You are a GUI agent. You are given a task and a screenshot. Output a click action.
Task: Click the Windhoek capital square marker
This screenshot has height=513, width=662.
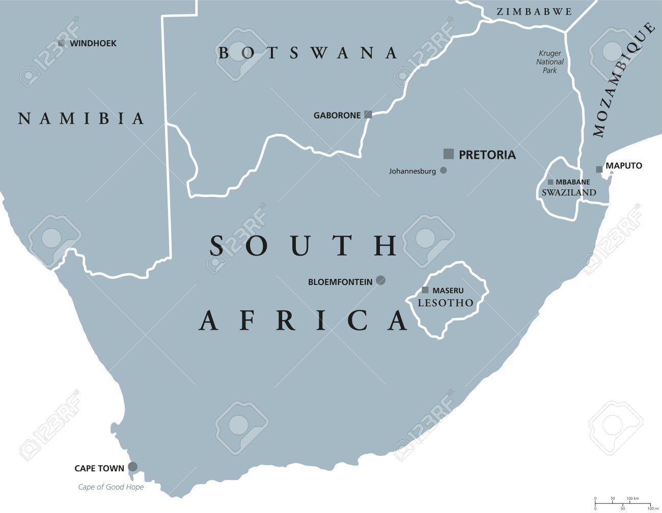coord(61,43)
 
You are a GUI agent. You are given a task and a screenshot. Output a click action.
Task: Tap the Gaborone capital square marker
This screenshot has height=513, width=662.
coord(368,115)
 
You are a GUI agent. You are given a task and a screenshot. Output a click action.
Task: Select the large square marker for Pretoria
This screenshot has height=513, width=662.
coord(448,154)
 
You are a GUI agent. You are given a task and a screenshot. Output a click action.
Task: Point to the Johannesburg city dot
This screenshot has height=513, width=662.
coord(444,170)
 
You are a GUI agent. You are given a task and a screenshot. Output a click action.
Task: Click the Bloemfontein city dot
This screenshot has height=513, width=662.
coord(380,280)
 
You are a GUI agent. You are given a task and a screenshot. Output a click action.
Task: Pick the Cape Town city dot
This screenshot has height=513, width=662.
coord(132,466)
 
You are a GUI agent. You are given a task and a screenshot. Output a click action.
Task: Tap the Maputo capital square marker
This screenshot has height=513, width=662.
coord(599,169)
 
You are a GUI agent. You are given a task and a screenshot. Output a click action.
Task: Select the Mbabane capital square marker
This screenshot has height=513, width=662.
coord(550,182)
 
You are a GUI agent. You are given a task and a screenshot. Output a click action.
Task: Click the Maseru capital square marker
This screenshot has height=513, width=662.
coord(425,290)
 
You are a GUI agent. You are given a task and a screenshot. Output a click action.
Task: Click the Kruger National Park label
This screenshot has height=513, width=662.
coord(549,62)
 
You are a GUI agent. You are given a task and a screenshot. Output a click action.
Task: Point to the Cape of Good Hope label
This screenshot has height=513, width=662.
coord(111,487)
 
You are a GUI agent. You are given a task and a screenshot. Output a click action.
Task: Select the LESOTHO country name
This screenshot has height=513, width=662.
coord(446,303)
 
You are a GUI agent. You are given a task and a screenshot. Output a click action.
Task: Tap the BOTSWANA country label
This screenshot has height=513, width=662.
coord(308,52)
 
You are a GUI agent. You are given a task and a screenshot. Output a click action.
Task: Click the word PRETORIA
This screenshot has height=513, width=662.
coord(487,155)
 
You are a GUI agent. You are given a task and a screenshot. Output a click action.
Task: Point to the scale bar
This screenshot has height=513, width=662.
coord(622,504)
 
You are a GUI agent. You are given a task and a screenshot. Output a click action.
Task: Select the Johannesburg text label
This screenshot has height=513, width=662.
coord(412,172)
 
